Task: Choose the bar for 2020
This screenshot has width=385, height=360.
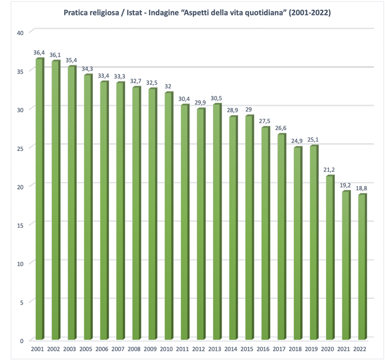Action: (x=329, y=258)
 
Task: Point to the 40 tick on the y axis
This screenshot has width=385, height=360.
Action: (x=20, y=32)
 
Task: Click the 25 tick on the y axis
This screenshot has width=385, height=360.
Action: (x=20, y=148)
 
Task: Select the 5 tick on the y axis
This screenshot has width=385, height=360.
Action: (x=21, y=302)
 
